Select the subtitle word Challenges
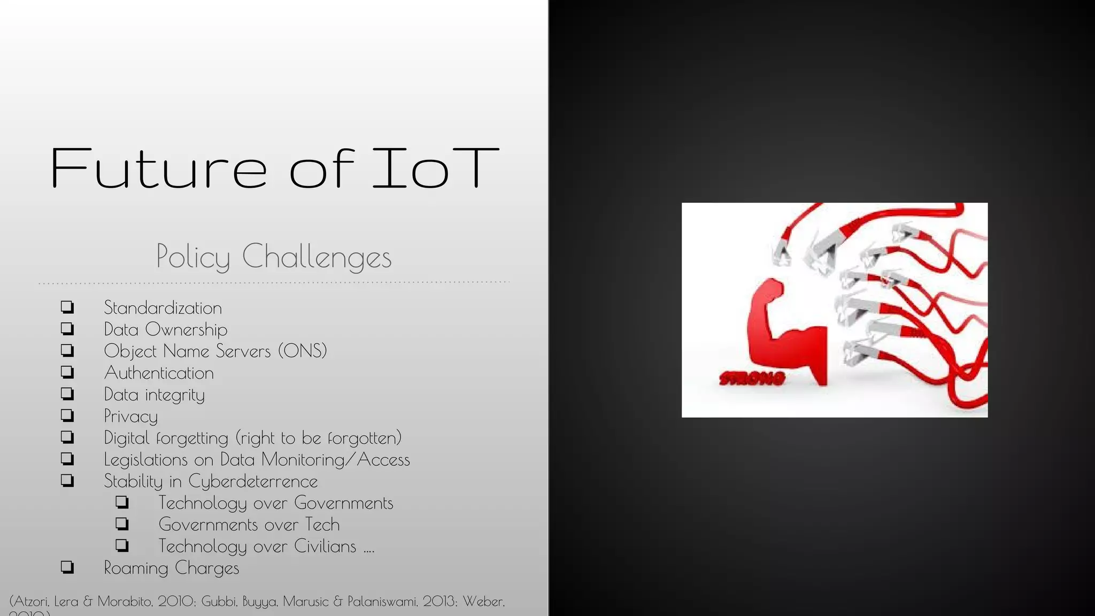tap(317, 257)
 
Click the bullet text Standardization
tap(163, 308)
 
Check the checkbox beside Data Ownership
tap(67, 329)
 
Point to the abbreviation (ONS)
tap(302, 351)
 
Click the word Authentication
tap(159, 373)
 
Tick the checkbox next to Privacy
tap(67, 415)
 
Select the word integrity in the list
tap(175, 395)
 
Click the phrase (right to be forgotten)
tap(319, 438)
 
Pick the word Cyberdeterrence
tap(253, 481)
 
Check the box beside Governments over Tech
tap(122, 524)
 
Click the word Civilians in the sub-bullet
tap(325, 546)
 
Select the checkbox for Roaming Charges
tap(67, 567)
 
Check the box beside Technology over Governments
tap(122, 503)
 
